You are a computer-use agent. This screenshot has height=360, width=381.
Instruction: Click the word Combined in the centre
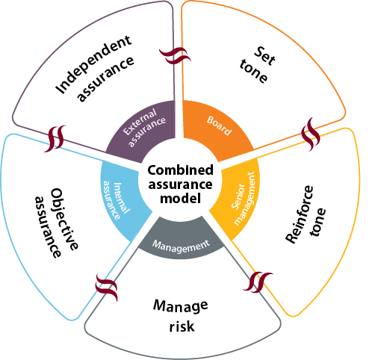click(x=180, y=170)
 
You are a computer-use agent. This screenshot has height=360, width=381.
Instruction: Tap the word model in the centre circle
click(x=180, y=199)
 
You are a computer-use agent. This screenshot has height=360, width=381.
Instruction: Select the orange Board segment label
click(x=219, y=125)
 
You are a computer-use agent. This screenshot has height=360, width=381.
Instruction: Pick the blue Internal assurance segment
click(x=120, y=199)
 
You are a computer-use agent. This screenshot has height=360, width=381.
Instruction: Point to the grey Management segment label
click(x=181, y=246)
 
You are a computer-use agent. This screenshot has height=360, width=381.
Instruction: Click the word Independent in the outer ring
click(x=93, y=64)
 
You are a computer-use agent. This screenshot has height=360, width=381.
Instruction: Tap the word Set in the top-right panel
click(x=264, y=56)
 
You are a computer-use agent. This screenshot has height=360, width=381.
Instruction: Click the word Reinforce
click(x=300, y=214)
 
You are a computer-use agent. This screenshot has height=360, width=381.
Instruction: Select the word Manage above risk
click(x=181, y=305)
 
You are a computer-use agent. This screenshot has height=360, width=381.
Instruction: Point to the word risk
click(x=182, y=326)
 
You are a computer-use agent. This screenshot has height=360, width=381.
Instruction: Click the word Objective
click(x=64, y=219)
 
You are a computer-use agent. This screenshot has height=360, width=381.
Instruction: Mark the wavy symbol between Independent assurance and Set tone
click(x=175, y=56)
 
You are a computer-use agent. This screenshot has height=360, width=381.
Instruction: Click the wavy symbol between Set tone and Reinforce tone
click(x=311, y=134)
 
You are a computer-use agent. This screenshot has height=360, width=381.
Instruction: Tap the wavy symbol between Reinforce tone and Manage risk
click(x=258, y=282)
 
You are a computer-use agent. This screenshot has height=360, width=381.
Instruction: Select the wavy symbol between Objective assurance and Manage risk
click(x=107, y=288)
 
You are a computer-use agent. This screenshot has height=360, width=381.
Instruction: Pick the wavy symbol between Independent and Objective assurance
click(x=55, y=138)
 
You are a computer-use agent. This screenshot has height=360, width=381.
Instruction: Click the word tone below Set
click(x=253, y=71)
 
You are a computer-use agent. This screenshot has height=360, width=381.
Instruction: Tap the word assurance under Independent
click(x=105, y=78)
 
